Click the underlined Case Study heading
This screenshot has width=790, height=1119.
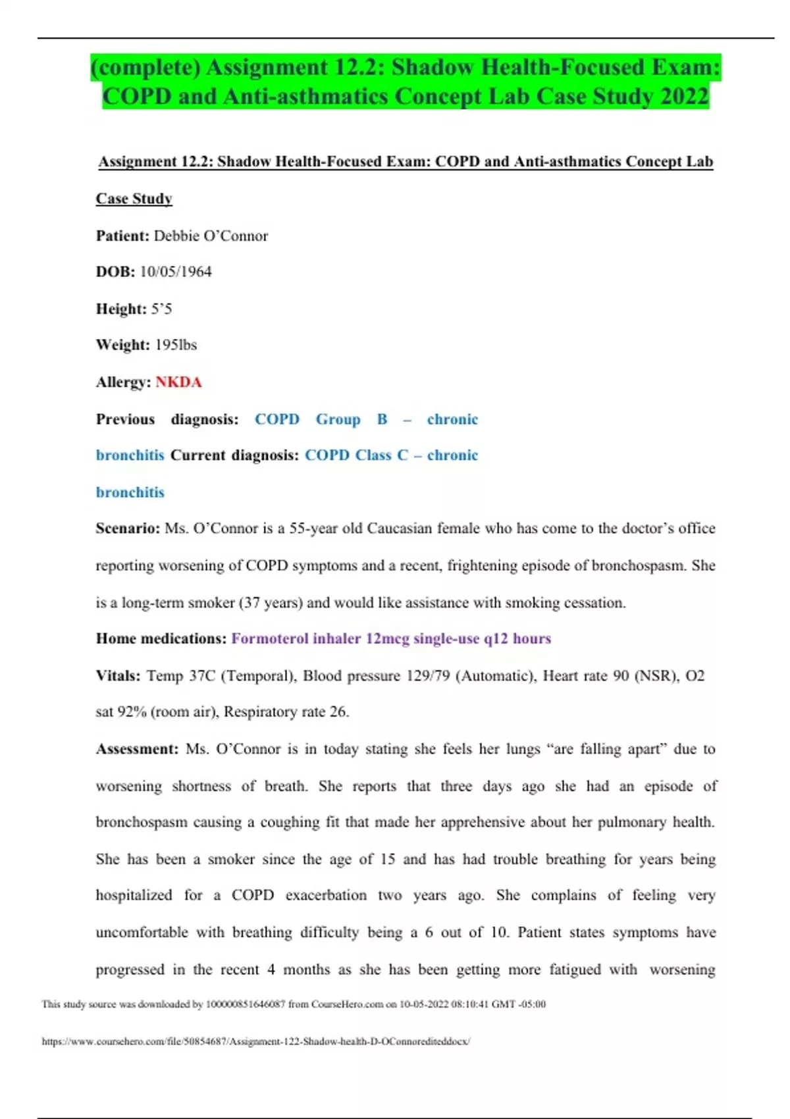pyautogui.click(x=134, y=199)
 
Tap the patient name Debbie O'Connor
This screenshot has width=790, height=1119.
pyautogui.click(x=211, y=236)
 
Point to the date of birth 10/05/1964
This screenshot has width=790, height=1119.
pyautogui.click(x=176, y=272)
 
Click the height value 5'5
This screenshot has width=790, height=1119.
pyautogui.click(x=161, y=309)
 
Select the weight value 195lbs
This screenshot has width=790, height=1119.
pyautogui.click(x=176, y=345)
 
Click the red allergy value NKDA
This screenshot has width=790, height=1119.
pyautogui.click(x=178, y=382)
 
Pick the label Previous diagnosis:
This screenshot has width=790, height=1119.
pyautogui.click(x=167, y=419)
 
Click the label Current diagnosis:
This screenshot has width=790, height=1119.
pyautogui.click(x=234, y=455)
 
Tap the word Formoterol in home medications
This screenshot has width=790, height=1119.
pyautogui.click(x=269, y=638)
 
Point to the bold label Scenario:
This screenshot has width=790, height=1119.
pyautogui.click(x=128, y=529)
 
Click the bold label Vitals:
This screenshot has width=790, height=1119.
pyautogui.click(x=118, y=676)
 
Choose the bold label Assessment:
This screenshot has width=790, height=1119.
pyautogui.click(x=137, y=749)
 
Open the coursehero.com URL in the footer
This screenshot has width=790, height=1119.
pyautogui.click(x=255, y=1041)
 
